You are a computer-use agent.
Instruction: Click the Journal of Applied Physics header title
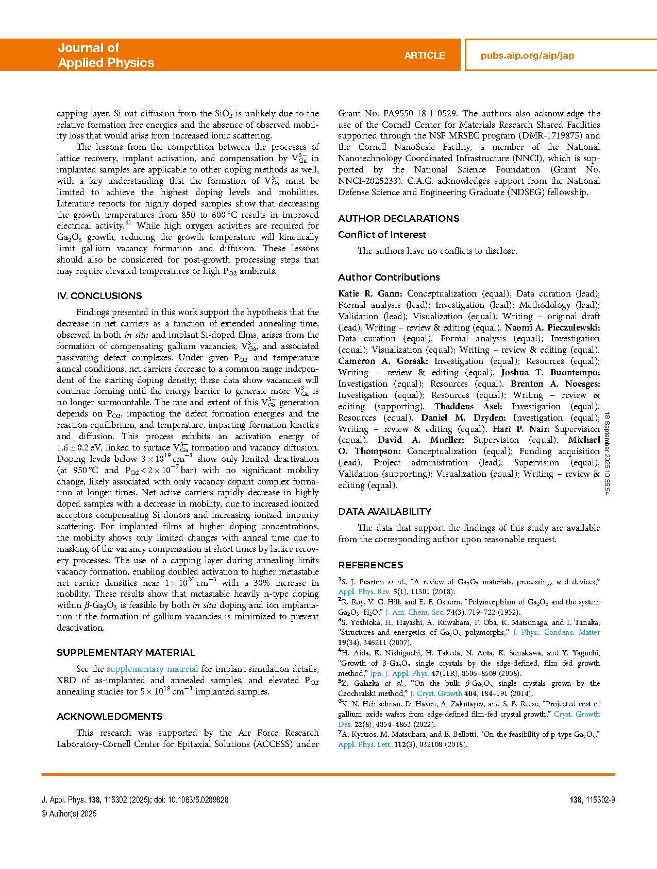point(106,55)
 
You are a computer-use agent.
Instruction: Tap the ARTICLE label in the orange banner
point(424,56)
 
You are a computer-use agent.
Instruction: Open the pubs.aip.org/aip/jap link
point(527,56)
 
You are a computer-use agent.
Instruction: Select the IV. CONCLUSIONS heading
point(99,296)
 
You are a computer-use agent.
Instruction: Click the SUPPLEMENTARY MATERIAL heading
point(126,653)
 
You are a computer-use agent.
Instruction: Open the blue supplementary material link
point(152,669)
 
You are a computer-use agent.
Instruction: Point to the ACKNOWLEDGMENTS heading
point(110,717)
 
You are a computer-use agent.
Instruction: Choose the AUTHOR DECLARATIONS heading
point(398,219)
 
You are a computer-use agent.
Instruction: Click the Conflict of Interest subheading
point(382,235)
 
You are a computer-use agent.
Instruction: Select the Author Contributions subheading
point(389,277)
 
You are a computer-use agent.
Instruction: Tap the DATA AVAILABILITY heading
point(384,512)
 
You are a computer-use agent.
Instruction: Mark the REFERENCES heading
point(370,565)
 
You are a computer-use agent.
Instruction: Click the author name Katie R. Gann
point(370,294)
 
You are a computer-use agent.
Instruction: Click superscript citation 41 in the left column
point(128,223)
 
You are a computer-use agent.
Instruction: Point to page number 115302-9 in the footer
point(592,800)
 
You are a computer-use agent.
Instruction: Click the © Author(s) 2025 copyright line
point(69,814)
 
